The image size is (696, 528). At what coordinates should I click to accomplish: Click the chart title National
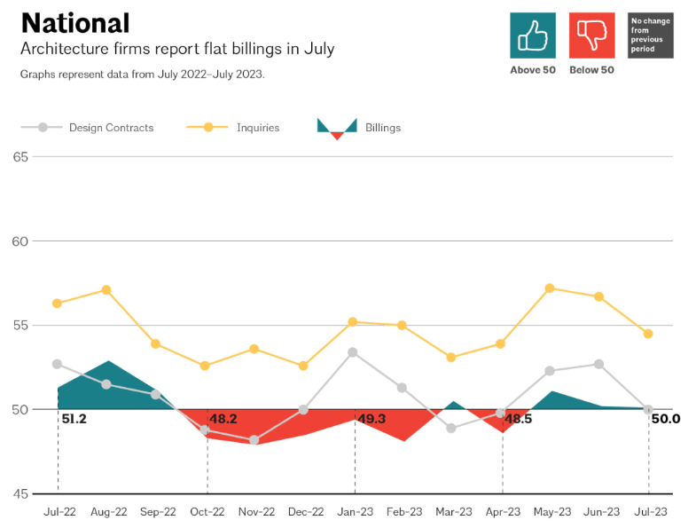pos(75,23)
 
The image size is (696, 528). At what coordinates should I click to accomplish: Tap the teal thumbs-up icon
pos(533,35)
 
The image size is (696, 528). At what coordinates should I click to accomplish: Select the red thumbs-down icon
pos(591,35)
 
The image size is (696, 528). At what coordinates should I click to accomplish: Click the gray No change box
pos(650,35)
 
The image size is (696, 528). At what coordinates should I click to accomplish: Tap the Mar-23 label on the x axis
pos(452,512)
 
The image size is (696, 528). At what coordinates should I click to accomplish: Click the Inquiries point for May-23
pos(550,288)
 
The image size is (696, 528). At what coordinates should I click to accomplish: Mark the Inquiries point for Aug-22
pos(106,290)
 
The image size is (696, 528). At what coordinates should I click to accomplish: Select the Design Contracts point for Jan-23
pos(353,352)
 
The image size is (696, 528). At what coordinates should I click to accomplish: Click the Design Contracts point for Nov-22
pos(254,439)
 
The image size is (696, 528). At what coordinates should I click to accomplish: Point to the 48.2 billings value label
pos(223,419)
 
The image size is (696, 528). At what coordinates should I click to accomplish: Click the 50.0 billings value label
pos(665,419)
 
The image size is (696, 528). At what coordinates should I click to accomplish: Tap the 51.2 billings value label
pos(74,419)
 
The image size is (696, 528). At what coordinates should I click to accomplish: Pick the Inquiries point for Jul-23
pos(648,334)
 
